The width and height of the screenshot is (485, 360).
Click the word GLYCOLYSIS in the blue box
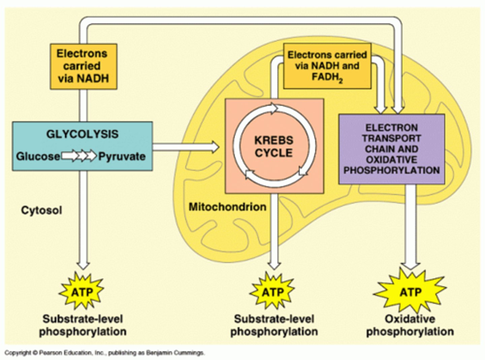(82, 134)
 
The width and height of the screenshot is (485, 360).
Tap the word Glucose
(38, 156)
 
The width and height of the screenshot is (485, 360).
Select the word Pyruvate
(122, 156)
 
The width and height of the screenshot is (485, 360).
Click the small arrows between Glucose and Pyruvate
(79, 156)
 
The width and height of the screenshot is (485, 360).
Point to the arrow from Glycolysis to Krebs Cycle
(186, 147)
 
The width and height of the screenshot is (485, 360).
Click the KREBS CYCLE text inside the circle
(273, 147)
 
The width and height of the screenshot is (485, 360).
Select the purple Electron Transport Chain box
(391, 149)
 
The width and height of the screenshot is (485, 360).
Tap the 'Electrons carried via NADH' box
(83, 66)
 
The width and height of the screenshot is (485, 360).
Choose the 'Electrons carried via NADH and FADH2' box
(327, 66)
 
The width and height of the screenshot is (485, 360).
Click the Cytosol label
(41, 210)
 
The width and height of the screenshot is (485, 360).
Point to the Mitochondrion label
(227, 207)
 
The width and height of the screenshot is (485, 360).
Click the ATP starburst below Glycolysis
(82, 291)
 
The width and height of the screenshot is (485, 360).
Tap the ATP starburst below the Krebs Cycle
(272, 291)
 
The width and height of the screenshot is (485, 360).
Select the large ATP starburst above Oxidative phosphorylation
(410, 291)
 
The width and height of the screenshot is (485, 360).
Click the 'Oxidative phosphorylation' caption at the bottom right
(410, 325)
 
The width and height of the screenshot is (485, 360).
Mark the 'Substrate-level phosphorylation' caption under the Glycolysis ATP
(83, 325)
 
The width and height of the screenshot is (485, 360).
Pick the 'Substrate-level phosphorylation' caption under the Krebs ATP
(274, 325)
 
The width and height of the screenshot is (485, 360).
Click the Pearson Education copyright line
(104, 353)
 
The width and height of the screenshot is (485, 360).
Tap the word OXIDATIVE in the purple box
(391, 159)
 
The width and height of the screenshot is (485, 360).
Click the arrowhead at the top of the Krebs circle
(273, 109)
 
